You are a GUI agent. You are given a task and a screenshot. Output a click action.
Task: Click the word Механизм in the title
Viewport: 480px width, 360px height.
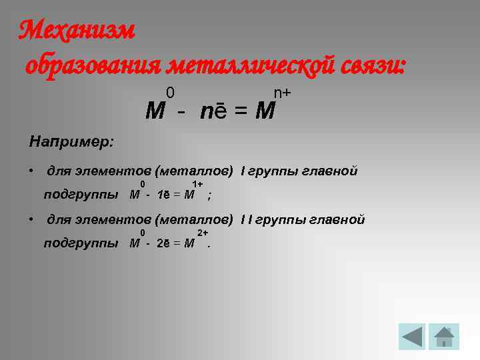coord(77,29)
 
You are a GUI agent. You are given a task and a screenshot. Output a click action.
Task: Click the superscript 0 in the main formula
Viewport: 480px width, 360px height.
coord(171,91)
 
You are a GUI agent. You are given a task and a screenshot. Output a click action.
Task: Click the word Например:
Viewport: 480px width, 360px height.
coord(71,142)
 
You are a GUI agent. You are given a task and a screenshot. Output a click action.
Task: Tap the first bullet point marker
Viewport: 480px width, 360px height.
coord(32,171)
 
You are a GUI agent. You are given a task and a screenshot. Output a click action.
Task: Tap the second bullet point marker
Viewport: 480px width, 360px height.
coord(32,219)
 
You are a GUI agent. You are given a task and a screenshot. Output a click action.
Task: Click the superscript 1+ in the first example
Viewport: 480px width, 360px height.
coord(197,184)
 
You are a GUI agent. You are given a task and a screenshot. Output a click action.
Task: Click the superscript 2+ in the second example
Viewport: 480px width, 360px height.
coord(203,232)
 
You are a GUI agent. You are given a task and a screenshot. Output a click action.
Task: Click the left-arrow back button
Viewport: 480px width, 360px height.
coord(412,336)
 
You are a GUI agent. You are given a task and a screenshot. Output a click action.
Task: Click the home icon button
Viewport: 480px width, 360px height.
coord(444,336)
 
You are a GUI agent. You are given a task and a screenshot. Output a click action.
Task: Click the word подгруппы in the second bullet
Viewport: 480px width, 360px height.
coord(81,243)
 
